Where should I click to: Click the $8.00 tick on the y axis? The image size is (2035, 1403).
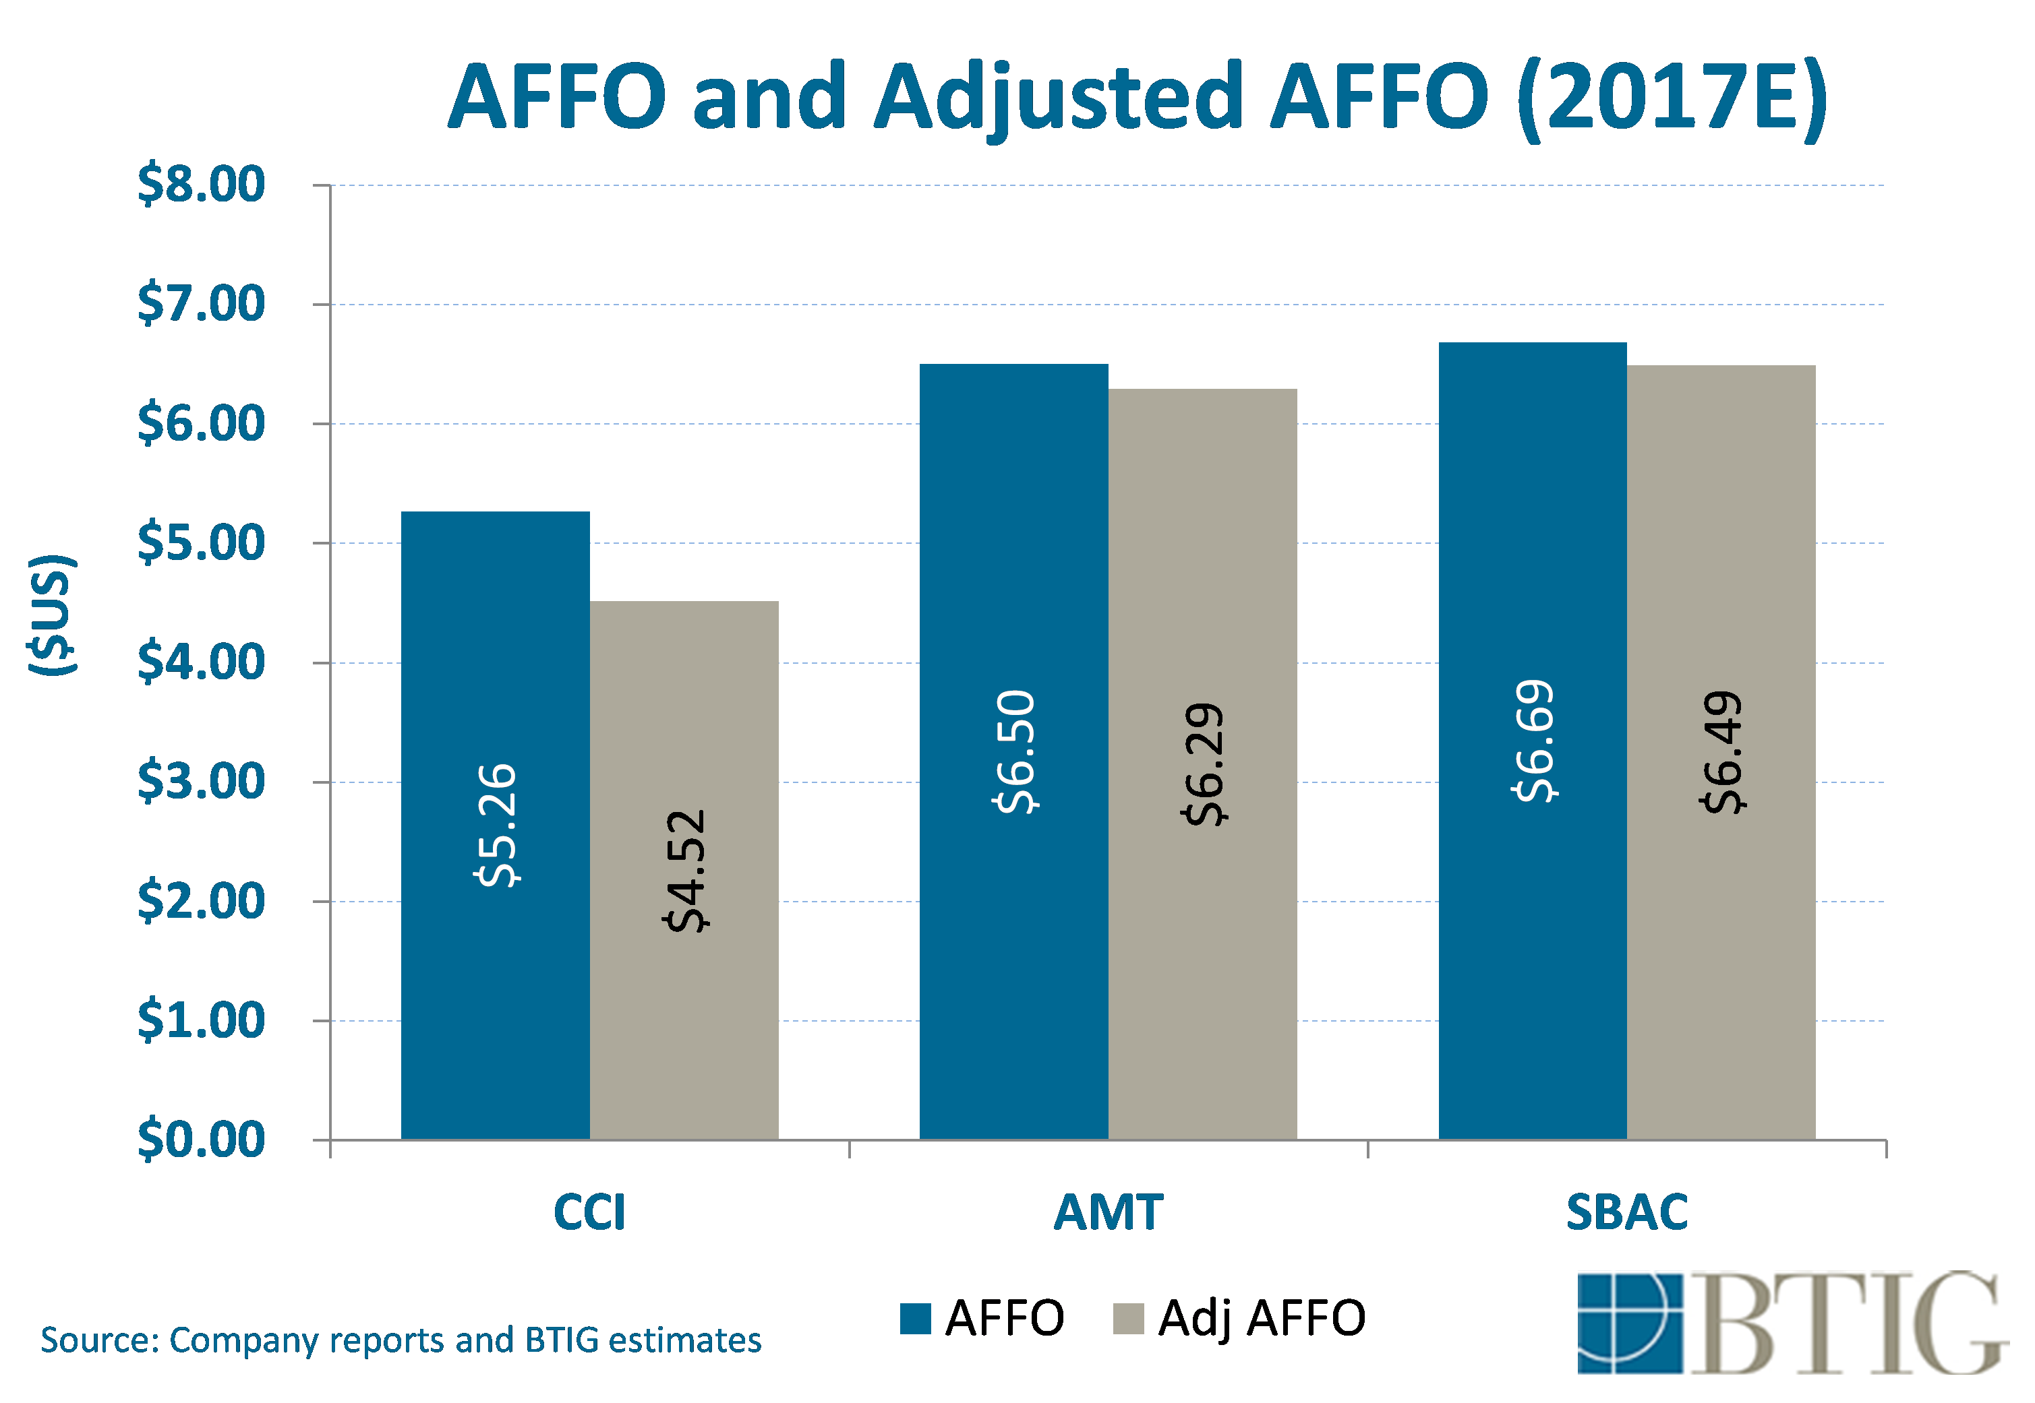(x=200, y=185)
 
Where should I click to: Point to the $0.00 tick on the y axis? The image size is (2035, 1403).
(x=200, y=1140)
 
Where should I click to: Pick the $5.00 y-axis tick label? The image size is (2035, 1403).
(x=200, y=542)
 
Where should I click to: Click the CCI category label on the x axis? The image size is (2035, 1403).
(x=589, y=1212)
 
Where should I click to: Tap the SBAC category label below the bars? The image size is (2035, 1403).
(x=1627, y=1212)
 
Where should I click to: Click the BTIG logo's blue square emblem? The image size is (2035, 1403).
(x=1628, y=1323)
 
